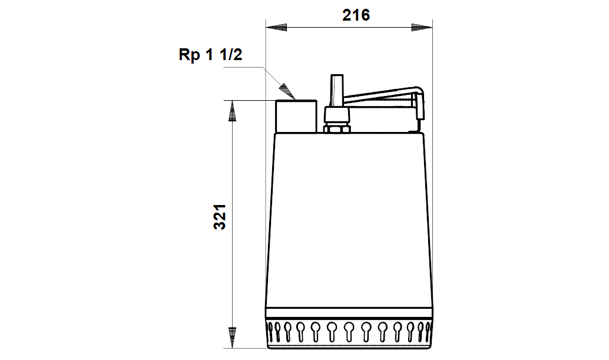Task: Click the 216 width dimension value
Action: click(x=356, y=15)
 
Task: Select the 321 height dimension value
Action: click(x=220, y=217)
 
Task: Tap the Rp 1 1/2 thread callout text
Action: click(x=210, y=54)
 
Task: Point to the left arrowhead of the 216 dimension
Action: click(x=276, y=27)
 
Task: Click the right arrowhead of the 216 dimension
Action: click(x=422, y=27)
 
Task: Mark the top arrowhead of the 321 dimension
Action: click(x=232, y=111)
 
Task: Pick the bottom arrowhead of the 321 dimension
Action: click(x=232, y=338)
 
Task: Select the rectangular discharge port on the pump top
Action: click(x=296, y=117)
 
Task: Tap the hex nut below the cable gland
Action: click(x=337, y=128)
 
